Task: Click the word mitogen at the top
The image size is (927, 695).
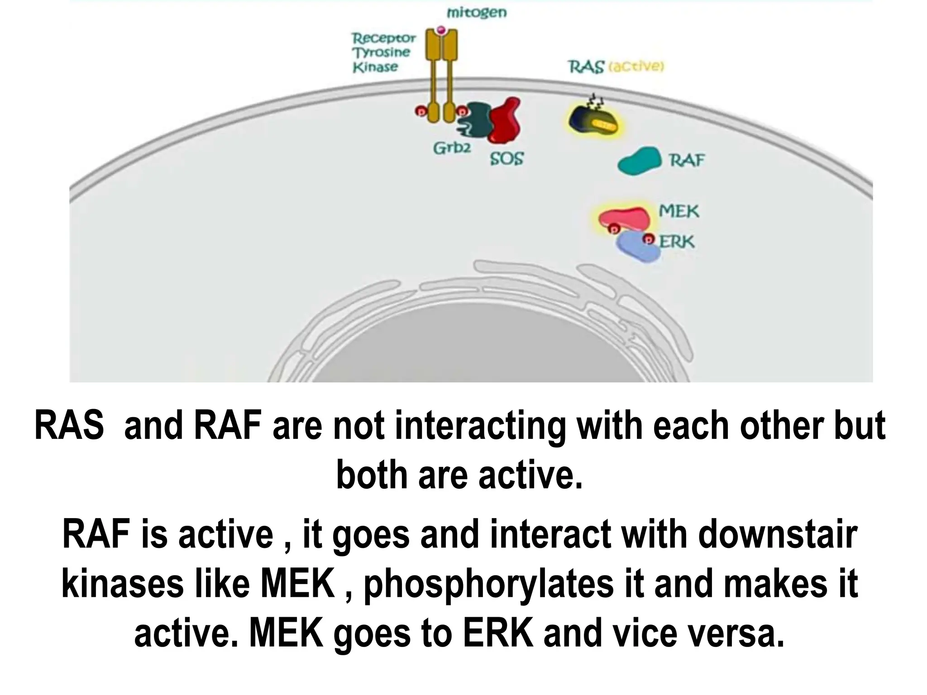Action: [477, 13]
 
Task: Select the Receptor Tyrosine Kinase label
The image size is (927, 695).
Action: [383, 52]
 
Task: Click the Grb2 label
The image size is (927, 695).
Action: [452, 148]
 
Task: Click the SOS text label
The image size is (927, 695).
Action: [507, 158]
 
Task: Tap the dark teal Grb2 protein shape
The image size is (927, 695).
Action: [475, 119]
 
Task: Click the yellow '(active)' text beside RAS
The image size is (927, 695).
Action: [636, 67]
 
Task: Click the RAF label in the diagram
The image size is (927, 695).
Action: [687, 160]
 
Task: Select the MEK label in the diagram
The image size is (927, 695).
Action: [679, 211]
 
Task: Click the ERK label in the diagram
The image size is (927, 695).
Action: [676, 242]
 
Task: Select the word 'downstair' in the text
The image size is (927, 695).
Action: [778, 534]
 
